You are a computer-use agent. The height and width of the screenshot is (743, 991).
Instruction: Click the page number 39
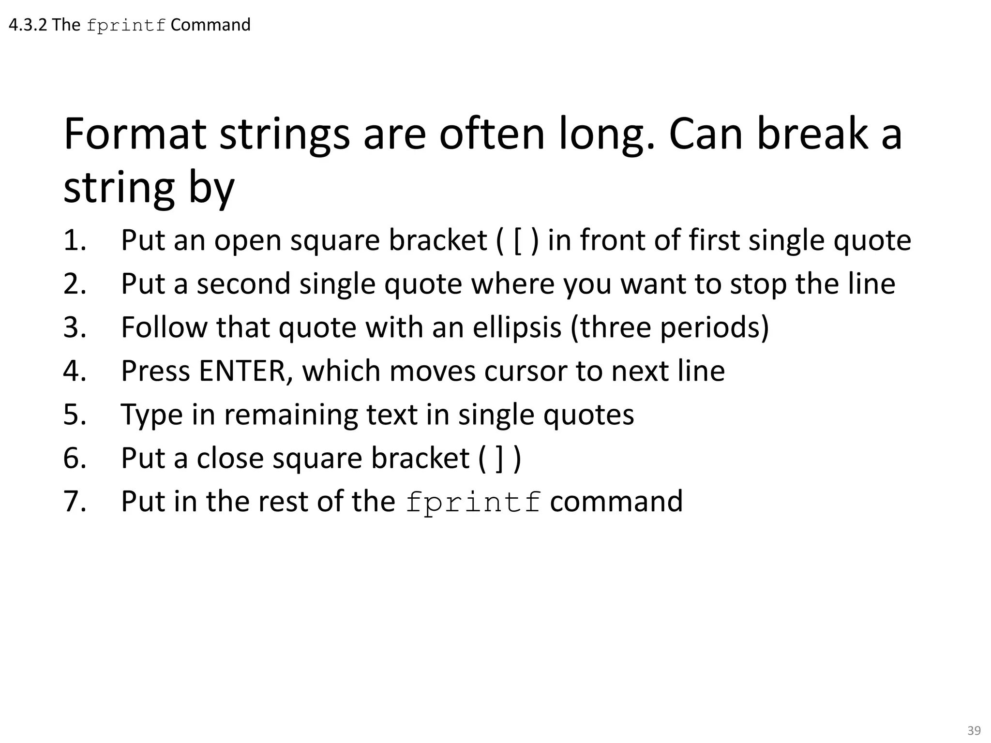click(974, 730)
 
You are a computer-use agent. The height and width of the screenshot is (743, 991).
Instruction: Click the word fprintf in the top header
click(126, 26)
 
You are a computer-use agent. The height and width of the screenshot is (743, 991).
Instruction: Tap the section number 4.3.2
click(28, 25)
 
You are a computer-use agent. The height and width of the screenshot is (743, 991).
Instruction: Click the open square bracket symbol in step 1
click(517, 241)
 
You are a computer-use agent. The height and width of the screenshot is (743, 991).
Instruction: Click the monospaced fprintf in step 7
click(473, 502)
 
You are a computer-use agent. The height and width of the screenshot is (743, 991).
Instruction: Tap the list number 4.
click(75, 371)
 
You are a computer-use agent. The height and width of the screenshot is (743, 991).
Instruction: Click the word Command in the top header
click(210, 25)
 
